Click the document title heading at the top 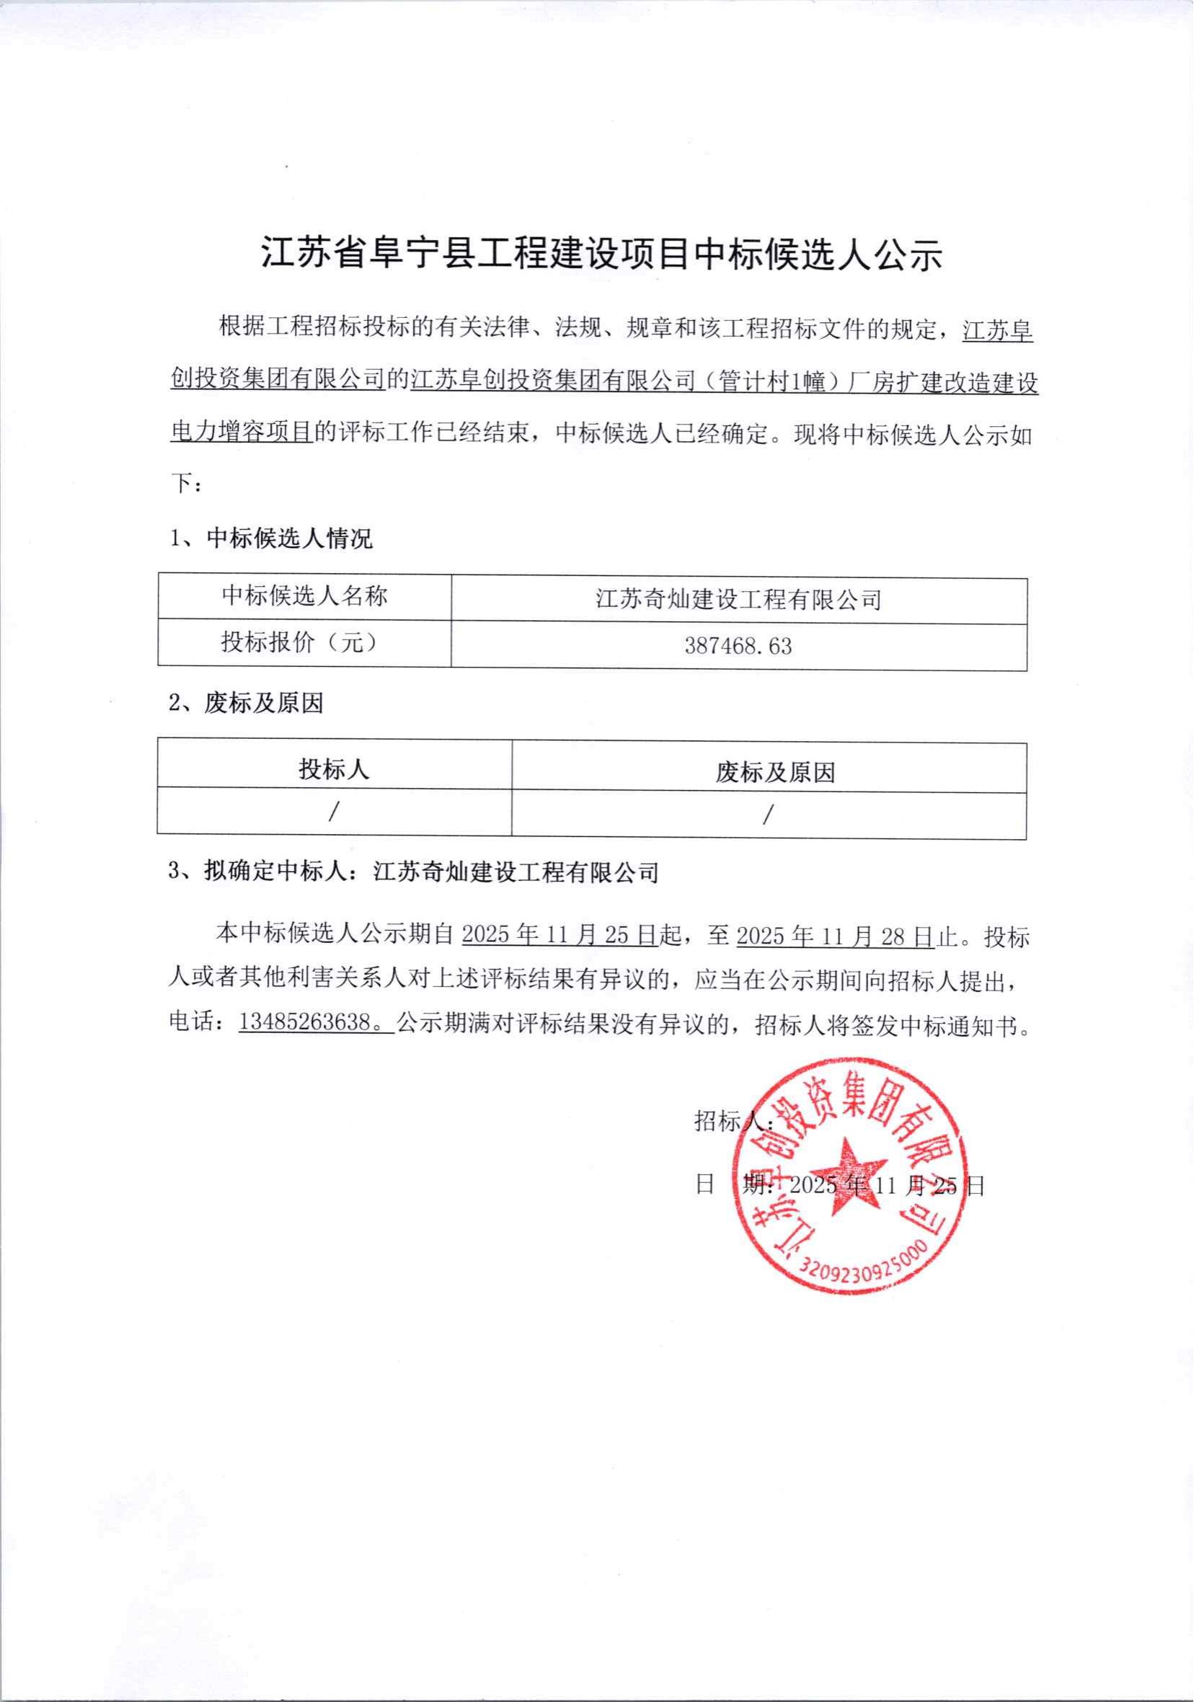pyautogui.click(x=601, y=256)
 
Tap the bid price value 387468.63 pyautogui.click(x=738, y=647)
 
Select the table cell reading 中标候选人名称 pyautogui.click(x=304, y=597)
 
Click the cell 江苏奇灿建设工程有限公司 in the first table pyautogui.click(x=738, y=599)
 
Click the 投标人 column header pyautogui.click(x=334, y=770)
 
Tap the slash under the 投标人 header pyautogui.click(x=334, y=813)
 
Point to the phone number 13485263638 pyautogui.click(x=306, y=1023)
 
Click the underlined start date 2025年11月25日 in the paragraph pyautogui.click(x=560, y=937)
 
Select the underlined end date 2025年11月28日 pyautogui.click(x=834, y=937)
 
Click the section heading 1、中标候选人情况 pyautogui.click(x=271, y=539)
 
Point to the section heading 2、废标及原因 pyautogui.click(x=246, y=703)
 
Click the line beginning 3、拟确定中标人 pyautogui.click(x=414, y=872)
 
